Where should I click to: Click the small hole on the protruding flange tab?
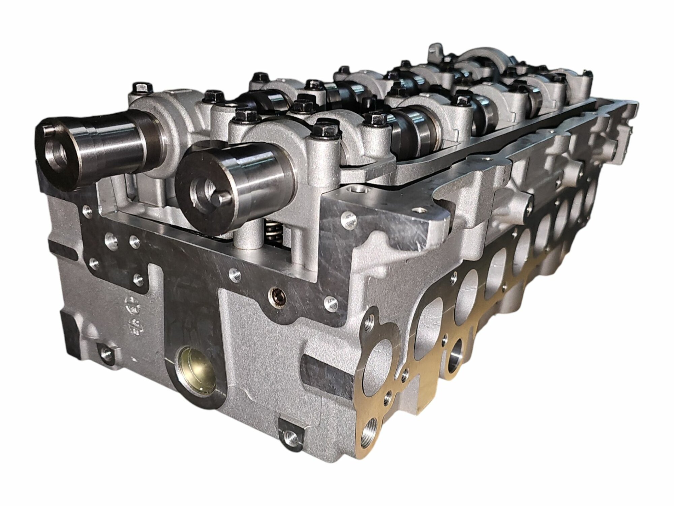tap(419, 211)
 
